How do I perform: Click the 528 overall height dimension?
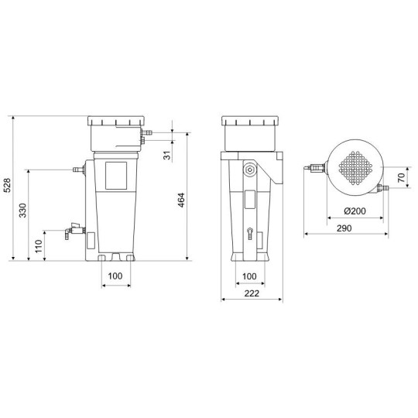[7, 185]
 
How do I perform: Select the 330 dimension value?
[23, 211]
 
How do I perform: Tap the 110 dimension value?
[39, 246]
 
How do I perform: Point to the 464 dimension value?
[181, 200]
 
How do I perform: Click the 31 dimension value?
[167, 155]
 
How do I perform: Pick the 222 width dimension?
[252, 293]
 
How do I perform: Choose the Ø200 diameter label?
[355, 211]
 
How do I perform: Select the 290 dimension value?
[344, 228]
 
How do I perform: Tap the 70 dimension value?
[402, 177]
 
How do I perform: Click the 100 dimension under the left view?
[115, 276]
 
